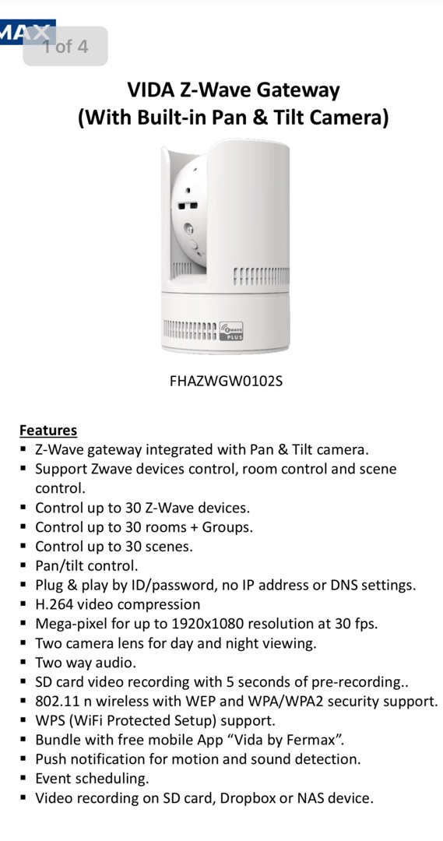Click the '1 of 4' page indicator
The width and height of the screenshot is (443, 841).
[65, 47]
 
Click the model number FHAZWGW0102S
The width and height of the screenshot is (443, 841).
[221, 382]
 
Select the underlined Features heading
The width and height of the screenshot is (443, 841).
[48, 430]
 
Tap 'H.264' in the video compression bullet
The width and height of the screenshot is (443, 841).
[54, 604]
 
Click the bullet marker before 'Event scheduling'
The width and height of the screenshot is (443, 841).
[24, 779]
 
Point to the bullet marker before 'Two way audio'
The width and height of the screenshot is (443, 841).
[24, 663]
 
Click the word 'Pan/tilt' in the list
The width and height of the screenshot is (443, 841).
[61, 566]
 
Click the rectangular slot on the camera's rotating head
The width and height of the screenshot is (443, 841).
[185, 206]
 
